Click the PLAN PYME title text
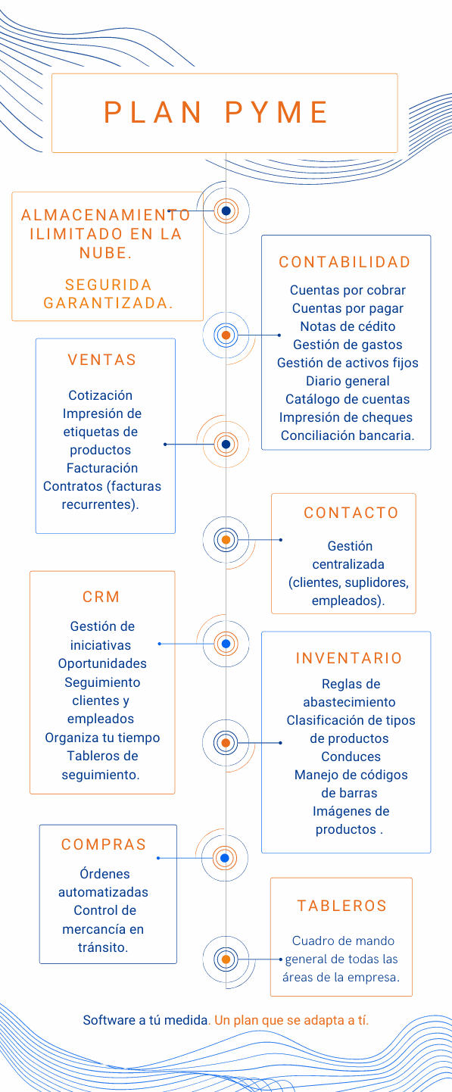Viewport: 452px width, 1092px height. coord(216,113)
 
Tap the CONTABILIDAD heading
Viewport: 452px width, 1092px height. coord(344,262)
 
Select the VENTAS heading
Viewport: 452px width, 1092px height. coord(102,360)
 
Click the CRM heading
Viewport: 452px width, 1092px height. coord(101,597)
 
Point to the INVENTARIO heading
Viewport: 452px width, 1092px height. coord(348,658)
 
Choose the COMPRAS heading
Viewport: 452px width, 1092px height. coord(104,844)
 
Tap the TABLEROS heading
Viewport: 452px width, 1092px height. coord(341,906)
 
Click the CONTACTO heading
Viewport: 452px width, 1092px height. coord(351,513)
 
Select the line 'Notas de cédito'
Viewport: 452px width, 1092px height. coord(348,326)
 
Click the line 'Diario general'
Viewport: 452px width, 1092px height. coord(348,381)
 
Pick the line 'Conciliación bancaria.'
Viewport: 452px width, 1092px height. coord(348,435)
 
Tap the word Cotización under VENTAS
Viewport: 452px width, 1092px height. coord(101,395)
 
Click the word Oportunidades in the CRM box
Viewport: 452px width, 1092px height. coord(102,663)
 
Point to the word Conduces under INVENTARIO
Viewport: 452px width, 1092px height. coord(351,757)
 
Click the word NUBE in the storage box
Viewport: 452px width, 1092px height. coord(105,253)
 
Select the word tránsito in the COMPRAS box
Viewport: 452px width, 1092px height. coord(103,947)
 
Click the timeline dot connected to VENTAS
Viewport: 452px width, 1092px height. coord(226,444)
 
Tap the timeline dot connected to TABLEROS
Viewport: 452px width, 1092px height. coord(226,959)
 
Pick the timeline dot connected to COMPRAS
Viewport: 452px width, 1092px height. coord(225,858)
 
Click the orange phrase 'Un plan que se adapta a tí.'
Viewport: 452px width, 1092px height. coord(291,1020)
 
